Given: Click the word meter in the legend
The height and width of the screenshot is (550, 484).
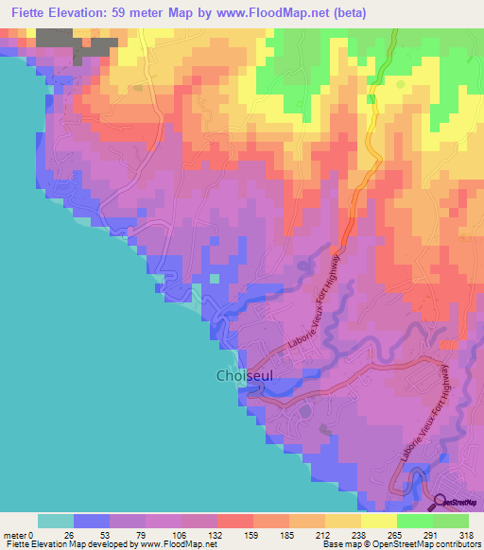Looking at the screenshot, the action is tap(15, 534).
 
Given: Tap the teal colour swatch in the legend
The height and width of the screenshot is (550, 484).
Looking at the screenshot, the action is tap(56, 521).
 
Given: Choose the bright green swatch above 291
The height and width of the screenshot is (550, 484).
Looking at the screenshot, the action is tap(415, 521).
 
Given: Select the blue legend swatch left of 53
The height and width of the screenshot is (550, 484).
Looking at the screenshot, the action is tap(92, 521).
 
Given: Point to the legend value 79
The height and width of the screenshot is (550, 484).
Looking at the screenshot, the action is tap(146, 534).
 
